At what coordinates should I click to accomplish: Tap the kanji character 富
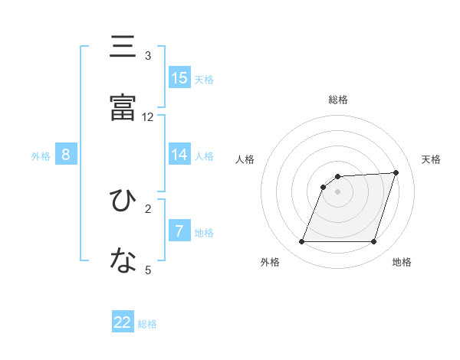click(x=123, y=106)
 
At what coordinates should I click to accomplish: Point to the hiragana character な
click(x=123, y=260)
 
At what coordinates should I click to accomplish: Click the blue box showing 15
click(x=179, y=78)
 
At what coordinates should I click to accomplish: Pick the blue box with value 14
click(x=179, y=155)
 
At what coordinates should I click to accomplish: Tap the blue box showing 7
click(x=179, y=231)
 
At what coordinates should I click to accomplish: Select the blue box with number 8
click(x=66, y=155)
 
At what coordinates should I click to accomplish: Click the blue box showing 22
click(x=123, y=322)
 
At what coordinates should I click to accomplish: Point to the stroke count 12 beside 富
click(x=148, y=117)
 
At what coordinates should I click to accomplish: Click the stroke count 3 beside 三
click(x=148, y=56)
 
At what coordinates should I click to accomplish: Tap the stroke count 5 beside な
click(x=148, y=270)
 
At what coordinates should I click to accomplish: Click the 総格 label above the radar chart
click(x=338, y=100)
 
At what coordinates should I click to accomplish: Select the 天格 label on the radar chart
click(x=432, y=159)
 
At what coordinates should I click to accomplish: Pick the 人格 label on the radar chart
click(x=245, y=159)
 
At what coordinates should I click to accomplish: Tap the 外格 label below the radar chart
click(x=270, y=262)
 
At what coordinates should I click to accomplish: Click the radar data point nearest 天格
click(x=396, y=172)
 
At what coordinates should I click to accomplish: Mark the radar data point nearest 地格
click(x=374, y=242)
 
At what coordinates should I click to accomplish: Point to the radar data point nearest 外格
click(x=301, y=242)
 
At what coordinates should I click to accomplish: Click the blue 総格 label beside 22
click(x=147, y=324)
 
